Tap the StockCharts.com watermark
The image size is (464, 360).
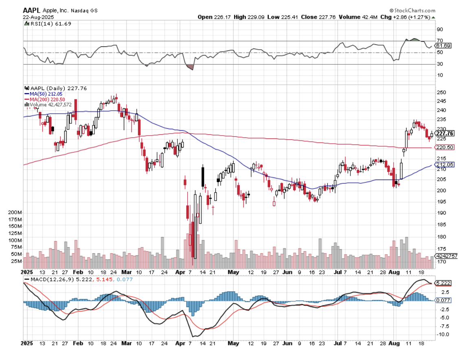click(412, 10)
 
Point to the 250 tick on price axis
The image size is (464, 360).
click(440, 92)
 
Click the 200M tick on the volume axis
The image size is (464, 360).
click(15, 213)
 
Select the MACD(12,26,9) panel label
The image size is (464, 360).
click(47, 279)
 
